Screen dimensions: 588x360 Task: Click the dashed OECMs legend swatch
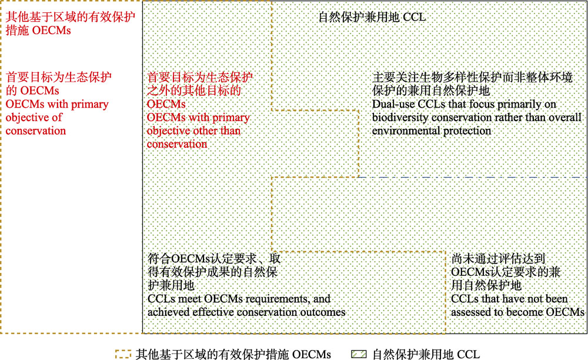[x=123, y=354]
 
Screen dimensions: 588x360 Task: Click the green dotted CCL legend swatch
[x=359, y=354]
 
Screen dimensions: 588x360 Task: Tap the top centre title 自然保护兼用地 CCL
[x=372, y=17]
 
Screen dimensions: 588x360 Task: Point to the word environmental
[x=406, y=131]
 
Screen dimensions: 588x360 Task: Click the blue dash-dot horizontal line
[x=473, y=177]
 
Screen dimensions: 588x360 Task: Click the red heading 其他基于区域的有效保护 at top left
[x=71, y=17]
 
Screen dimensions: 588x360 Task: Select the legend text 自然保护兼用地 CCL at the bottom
[x=426, y=354]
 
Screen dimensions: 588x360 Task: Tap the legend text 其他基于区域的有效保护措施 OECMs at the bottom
[x=233, y=354]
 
